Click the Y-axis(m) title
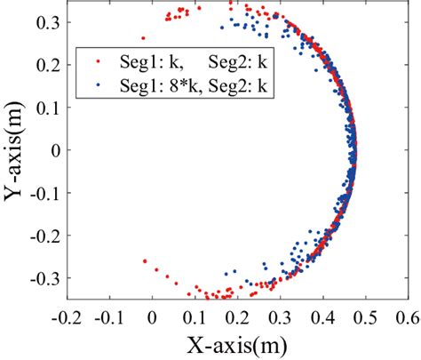pos(17,150)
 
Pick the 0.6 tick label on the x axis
pos(407,316)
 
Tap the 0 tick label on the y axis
pos(53,151)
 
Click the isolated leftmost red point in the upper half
pos(143,38)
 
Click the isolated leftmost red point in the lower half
pos(144,261)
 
